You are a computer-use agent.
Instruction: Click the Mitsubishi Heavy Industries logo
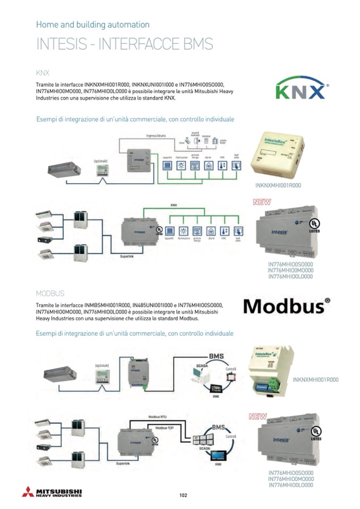pyautogui.click(x=52, y=492)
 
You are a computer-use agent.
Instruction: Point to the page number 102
pyautogui.click(x=184, y=495)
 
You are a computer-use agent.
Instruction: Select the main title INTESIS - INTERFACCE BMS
pyautogui.click(x=124, y=44)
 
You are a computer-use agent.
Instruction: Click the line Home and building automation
pyautogui.click(x=92, y=24)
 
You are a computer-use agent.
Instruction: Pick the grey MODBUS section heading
pyautogui.click(x=50, y=293)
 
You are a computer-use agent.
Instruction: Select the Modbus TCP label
pyautogui.click(x=166, y=427)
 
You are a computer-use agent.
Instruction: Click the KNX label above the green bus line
pyautogui.click(x=173, y=205)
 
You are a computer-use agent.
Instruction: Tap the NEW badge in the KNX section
pyautogui.click(x=262, y=202)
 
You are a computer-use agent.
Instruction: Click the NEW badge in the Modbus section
pyautogui.click(x=258, y=417)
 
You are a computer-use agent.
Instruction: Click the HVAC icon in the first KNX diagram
pyautogui.click(x=222, y=165)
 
